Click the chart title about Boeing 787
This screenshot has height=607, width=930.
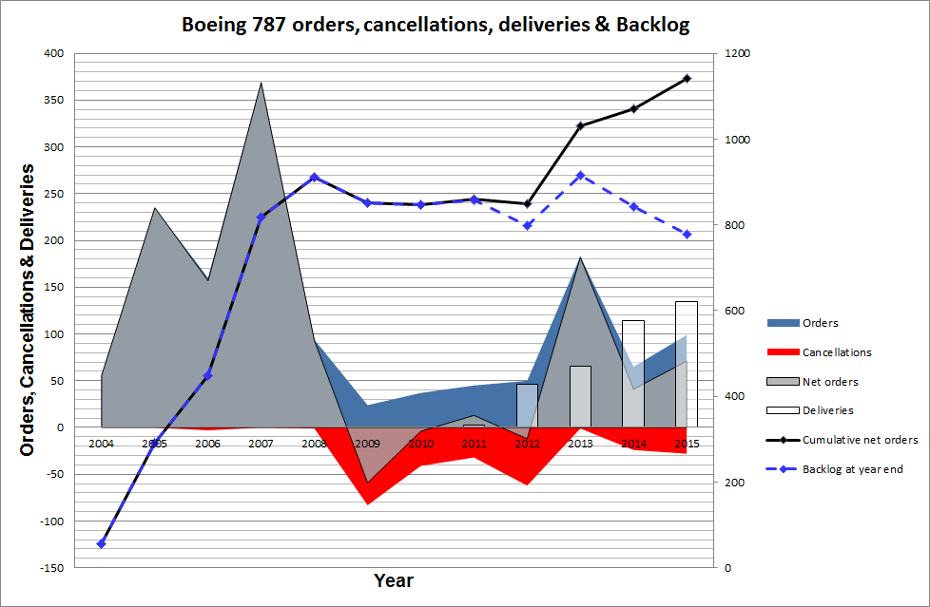436,25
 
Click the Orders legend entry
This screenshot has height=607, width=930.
821,323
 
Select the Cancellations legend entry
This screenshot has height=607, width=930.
837,351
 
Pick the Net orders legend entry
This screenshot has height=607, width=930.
830,382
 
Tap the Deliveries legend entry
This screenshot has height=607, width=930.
827,410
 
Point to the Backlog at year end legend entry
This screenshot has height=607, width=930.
852,468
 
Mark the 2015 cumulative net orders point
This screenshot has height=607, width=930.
687,79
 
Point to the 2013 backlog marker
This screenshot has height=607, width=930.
580,175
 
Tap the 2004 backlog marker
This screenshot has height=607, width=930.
101,543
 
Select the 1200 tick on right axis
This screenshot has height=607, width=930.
737,54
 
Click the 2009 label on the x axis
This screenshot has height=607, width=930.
367,443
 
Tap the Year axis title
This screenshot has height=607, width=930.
393,580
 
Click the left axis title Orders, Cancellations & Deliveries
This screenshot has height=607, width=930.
28,310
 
